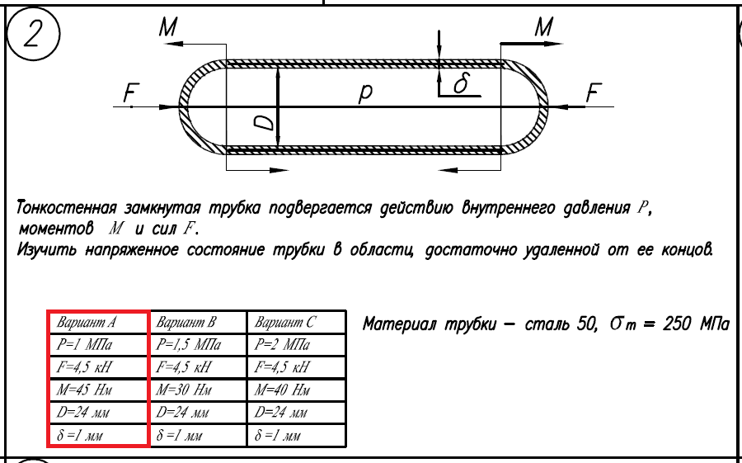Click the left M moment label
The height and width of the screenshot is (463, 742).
click(x=168, y=27)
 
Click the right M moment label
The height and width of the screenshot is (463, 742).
click(x=543, y=27)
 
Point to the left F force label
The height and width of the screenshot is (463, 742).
click(x=129, y=95)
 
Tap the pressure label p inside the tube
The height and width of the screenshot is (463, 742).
click(x=364, y=95)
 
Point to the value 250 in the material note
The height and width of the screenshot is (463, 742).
click(x=678, y=324)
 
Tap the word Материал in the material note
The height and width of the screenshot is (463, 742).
click(x=399, y=324)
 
